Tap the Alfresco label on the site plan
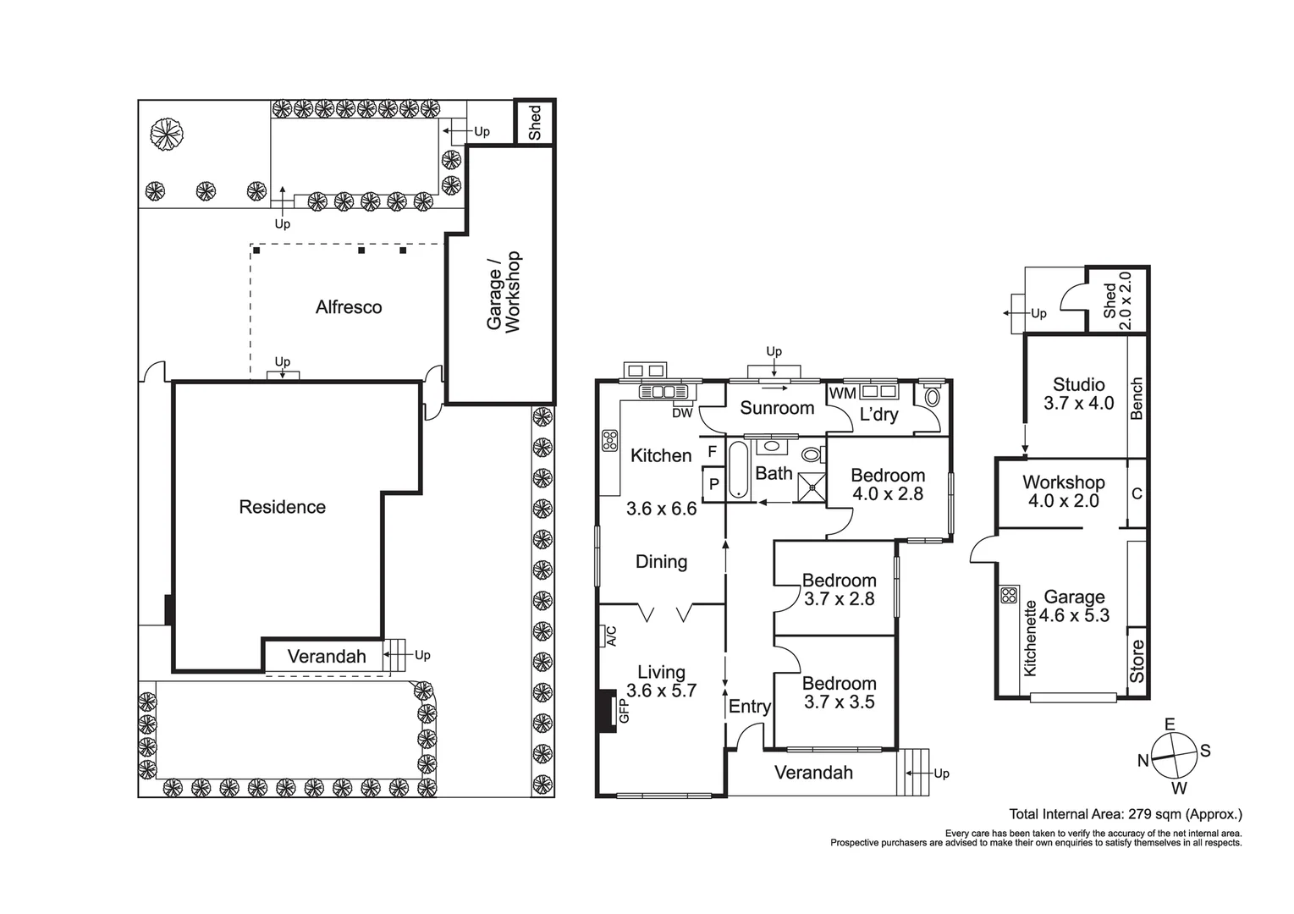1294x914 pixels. point(349,307)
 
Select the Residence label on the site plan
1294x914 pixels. point(282,507)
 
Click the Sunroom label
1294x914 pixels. point(777,408)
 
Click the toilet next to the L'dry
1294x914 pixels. point(933,397)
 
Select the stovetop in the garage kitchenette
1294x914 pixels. point(1008,595)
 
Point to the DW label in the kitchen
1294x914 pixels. point(682,413)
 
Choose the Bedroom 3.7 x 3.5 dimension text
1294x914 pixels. point(839,702)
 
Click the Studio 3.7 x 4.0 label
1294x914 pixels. point(1078,394)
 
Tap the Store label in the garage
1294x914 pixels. point(1137,661)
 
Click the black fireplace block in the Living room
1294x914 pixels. point(606,709)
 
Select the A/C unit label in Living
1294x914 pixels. point(608,636)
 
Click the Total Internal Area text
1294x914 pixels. point(1126,815)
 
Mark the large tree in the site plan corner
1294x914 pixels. point(166,134)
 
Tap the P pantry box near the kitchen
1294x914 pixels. point(713,485)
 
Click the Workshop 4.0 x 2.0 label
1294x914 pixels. point(1063,491)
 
